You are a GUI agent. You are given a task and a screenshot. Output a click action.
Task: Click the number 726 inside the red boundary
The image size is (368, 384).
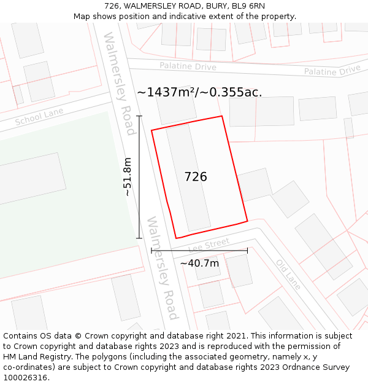click(x=196, y=177)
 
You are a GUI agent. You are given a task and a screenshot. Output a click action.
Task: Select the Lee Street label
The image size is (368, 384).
click(x=209, y=245)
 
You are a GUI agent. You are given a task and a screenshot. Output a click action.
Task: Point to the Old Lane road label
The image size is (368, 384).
click(x=288, y=274)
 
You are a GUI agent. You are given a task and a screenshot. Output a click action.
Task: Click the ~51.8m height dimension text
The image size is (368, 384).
click(x=128, y=177)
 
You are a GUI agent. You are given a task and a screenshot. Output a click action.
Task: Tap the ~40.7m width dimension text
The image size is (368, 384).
click(x=199, y=263)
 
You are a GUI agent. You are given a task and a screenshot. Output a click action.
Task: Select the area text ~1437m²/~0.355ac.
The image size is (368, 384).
click(x=199, y=92)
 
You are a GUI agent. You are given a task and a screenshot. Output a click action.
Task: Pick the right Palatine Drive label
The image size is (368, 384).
click(x=332, y=70)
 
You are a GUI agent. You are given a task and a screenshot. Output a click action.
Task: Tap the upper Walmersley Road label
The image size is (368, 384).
click(x=119, y=84)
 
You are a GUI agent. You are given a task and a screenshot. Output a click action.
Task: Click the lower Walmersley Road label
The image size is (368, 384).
click(x=162, y=268)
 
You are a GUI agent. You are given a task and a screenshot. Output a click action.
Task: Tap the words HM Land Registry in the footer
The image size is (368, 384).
click(x=32, y=357)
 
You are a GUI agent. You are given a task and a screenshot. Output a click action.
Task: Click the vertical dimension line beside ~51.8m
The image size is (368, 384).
click(x=139, y=177)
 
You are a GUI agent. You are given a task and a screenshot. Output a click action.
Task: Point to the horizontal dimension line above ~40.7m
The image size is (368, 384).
click(x=199, y=251)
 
